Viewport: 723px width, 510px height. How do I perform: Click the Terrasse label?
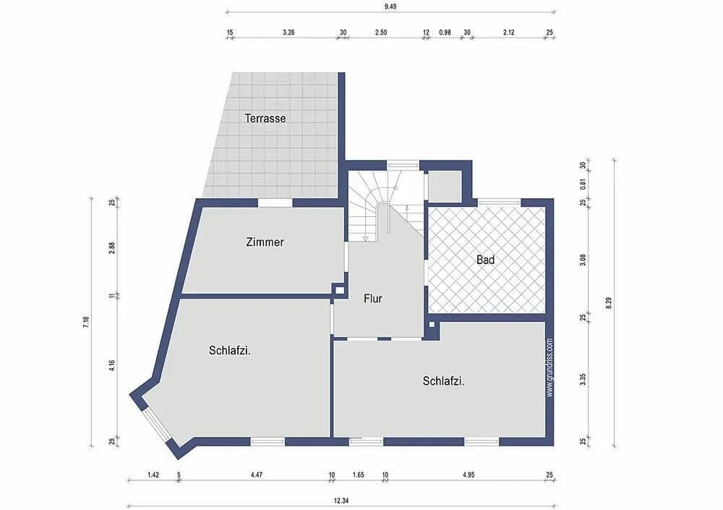tap(265, 118)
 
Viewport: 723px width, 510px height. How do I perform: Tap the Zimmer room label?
tap(265, 242)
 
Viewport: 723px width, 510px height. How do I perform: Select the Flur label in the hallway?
tap(373, 298)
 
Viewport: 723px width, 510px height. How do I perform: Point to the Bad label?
tap(485, 259)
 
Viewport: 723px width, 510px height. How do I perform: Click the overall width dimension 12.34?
tap(341, 500)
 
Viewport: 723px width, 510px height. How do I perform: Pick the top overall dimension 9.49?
tap(390, 6)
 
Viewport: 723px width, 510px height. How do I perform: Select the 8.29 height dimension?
tap(609, 304)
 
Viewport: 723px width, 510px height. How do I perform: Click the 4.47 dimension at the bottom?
tap(257, 475)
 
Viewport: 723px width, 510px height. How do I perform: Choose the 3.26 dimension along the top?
tap(288, 33)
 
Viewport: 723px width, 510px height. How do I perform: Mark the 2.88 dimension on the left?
tap(112, 247)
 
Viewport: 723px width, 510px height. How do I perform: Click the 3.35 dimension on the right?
tap(583, 379)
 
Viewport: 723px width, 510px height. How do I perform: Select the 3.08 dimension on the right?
tap(583, 260)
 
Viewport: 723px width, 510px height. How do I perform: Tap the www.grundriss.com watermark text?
tap(549, 367)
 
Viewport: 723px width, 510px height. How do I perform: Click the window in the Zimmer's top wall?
tap(275, 203)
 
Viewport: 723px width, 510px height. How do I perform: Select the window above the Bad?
tap(499, 202)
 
